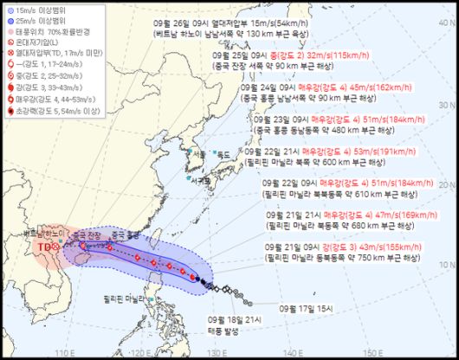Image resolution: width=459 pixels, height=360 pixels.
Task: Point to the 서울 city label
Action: pyautogui.click(x=201, y=155)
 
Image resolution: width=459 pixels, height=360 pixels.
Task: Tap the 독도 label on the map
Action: pyautogui.click(x=224, y=155)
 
